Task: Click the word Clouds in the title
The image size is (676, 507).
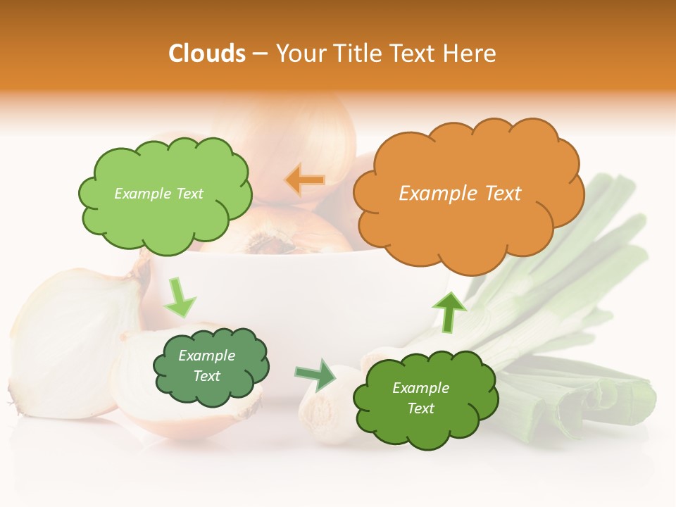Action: click(207, 54)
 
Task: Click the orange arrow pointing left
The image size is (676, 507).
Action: click(305, 180)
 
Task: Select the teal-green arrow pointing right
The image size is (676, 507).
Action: click(315, 374)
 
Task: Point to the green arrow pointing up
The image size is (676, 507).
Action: click(449, 311)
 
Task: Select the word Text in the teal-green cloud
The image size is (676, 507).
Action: click(206, 377)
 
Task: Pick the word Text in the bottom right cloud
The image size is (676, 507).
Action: click(420, 409)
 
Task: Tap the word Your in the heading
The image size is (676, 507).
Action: click(298, 54)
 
